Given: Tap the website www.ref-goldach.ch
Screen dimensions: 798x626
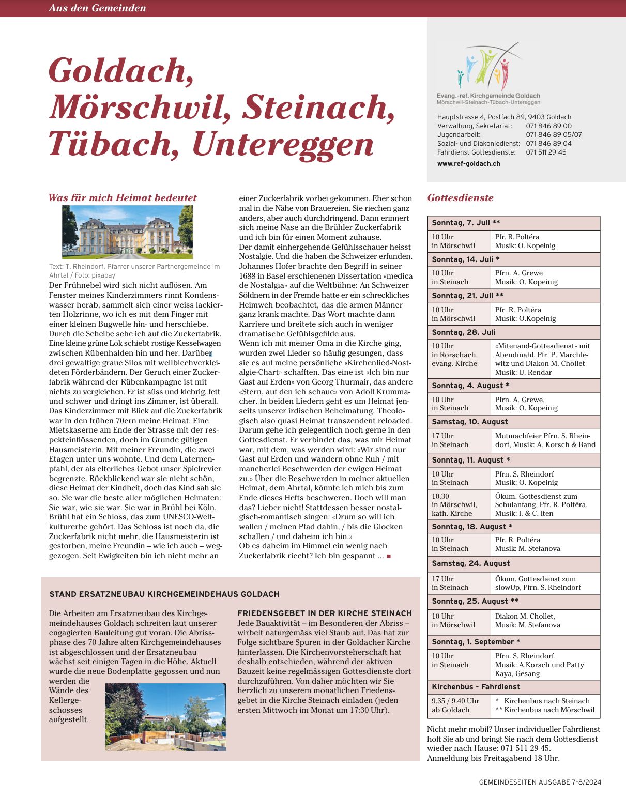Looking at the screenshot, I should point(468,164).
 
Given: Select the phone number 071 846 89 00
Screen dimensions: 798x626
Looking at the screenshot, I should point(548,126).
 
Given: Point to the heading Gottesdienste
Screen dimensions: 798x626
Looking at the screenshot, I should point(460,197).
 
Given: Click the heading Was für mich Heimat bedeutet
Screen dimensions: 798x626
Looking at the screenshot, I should point(123,197).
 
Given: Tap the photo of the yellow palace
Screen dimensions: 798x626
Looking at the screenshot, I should point(127,232).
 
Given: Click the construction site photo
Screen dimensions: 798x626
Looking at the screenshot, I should point(165,717).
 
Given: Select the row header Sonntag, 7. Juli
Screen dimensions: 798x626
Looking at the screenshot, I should point(466,223).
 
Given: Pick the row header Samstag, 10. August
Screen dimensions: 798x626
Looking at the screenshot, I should point(469,422).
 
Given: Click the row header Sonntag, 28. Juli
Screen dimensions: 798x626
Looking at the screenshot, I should point(463,332).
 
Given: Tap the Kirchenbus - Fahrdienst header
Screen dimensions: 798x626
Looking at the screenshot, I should point(476,687).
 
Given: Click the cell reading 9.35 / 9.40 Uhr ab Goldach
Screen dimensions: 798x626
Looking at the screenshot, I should point(455,705).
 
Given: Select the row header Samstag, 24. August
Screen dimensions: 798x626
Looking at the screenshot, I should point(470,563).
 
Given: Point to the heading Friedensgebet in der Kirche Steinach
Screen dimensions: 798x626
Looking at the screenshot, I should point(325,613).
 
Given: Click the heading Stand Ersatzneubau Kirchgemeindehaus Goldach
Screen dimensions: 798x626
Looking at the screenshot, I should point(164,594).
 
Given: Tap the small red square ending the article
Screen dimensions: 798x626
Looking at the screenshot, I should point(389,556).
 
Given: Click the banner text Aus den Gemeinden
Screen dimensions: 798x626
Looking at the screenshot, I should point(97,8).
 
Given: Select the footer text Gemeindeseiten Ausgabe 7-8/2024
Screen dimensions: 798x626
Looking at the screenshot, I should point(540,782).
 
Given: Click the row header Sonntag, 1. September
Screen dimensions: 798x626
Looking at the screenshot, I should point(476,642).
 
